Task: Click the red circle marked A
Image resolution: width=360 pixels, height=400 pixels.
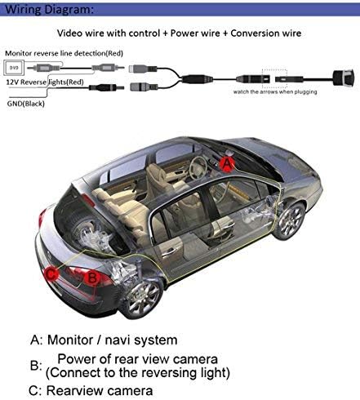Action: (227, 163)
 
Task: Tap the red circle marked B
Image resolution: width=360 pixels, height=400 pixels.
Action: (92, 278)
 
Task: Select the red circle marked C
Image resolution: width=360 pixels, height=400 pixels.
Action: (51, 273)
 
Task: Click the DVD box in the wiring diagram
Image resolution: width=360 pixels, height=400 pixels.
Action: (14, 68)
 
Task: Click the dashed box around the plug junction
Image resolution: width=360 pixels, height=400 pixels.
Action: (274, 79)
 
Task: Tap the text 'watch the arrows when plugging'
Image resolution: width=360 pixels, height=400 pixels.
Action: (275, 92)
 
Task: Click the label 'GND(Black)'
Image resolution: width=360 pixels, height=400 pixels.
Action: (25, 104)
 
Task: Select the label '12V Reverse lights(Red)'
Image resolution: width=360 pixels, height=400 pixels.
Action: (45, 82)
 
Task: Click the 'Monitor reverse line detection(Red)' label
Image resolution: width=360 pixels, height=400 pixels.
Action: (64, 53)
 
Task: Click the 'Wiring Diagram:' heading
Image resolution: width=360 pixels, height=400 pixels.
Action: (49, 9)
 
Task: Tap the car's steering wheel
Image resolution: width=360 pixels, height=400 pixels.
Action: (198, 168)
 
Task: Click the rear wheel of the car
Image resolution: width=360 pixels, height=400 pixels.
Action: (142, 299)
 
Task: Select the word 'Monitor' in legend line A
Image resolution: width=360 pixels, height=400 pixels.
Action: (70, 340)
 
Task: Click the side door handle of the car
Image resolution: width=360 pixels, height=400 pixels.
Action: (169, 251)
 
